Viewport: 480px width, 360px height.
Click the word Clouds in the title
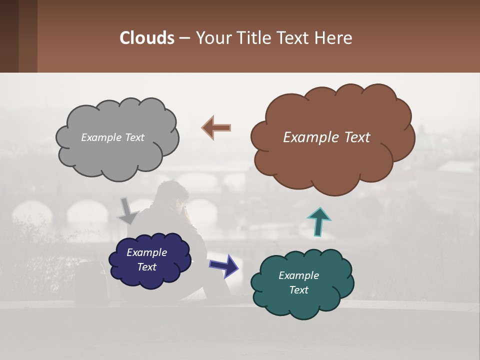[x=147, y=37]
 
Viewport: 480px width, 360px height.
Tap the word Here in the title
[x=334, y=37]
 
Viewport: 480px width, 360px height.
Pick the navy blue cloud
[x=149, y=277]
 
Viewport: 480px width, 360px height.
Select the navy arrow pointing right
[x=223, y=265]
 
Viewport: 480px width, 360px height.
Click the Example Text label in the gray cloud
[x=112, y=137]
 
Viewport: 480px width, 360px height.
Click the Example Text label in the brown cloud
[x=326, y=137]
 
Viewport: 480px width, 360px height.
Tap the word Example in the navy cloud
[x=146, y=252]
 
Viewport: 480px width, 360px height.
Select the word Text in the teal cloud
[x=298, y=290]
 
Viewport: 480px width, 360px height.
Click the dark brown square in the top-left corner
[x=9, y=36]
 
